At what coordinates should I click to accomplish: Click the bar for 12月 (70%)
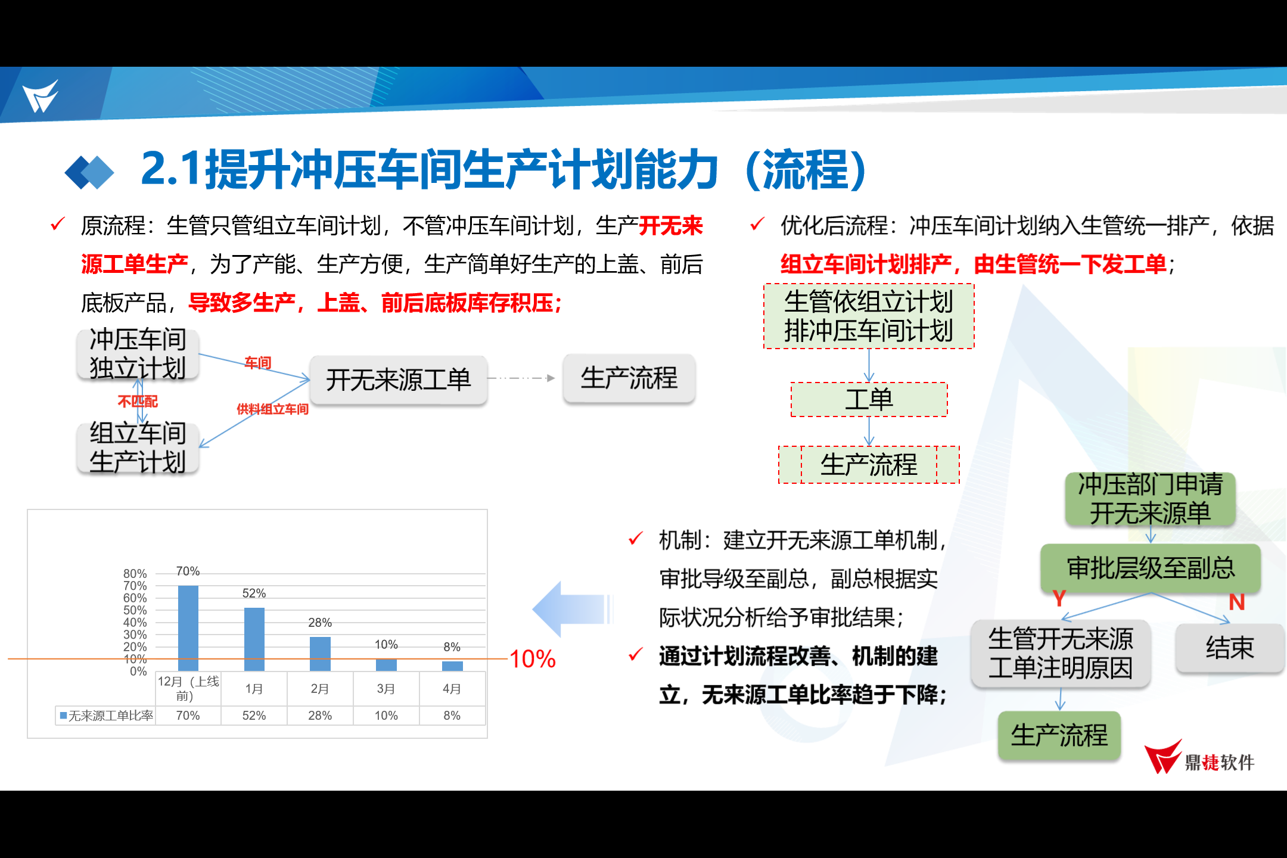pyautogui.click(x=188, y=628)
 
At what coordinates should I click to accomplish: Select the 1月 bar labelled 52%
pyautogui.click(x=254, y=639)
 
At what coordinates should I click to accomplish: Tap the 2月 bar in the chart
pyautogui.click(x=320, y=654)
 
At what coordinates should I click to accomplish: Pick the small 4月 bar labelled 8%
pyautogui.click(x=452, y=666)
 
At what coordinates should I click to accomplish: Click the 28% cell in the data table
pyautogui.click(x=320, y=716)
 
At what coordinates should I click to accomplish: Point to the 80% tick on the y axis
pyautogui.click(x=135, y=573)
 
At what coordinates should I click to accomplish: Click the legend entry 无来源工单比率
pyautogui.click(x=107, y=716)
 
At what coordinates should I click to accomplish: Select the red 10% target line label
pyautogui.click(x=533, y=659)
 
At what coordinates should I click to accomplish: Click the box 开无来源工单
pyautogui.click(x=399, y=380)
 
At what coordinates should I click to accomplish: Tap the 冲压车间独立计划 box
pyautogui.click(x=138, y=354)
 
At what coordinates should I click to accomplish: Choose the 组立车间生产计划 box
pyautogui.click(x=138, y=447)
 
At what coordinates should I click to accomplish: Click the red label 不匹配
pyautogui.click(x=138, y=402)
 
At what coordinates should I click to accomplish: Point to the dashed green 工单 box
pyautogui.click(x=869, y=399)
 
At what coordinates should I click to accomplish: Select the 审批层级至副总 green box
pyautogui.click(x=1151, y=568)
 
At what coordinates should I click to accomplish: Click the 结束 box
pyautogui.click(x=1230, y=648)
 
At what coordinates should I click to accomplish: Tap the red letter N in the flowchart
pyautogui.click(x=1237, y=602)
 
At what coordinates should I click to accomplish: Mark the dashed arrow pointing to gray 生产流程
pyautogui.click(x=521, y=378)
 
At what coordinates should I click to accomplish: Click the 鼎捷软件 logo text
pyautogui.click(x=1220, y=762)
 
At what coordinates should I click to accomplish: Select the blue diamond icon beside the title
pyautogui.click(x=89, y=172)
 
